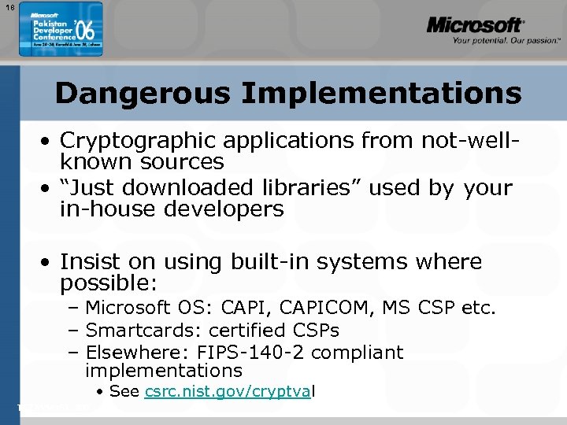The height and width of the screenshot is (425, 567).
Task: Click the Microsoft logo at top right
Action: pos(475,25)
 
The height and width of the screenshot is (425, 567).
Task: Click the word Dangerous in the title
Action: pos(143,94)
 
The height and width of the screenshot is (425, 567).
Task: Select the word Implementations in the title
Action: pos(381,94)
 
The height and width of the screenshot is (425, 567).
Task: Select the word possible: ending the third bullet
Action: pos(109,282)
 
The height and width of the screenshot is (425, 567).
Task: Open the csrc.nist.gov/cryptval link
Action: pos(229,392)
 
